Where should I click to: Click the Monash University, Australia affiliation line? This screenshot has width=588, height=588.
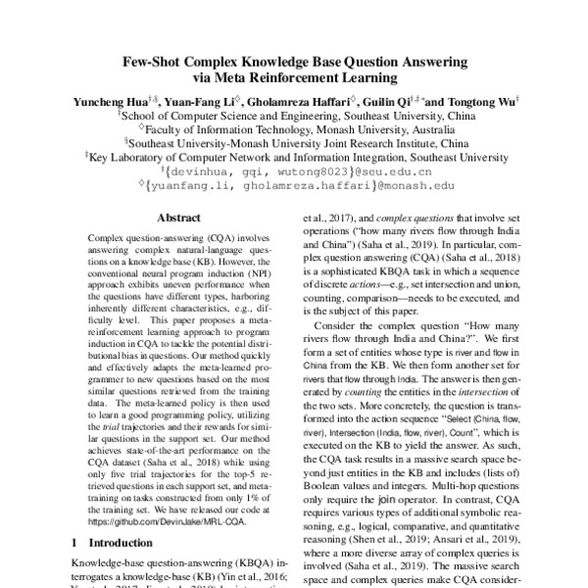pos(294,126)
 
